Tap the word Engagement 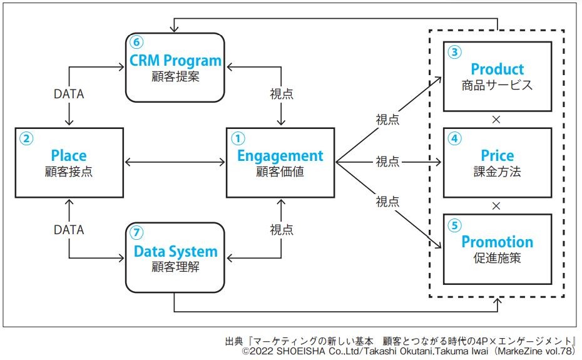tap(280, 155)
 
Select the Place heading tap(69, 155)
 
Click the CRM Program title tap(175, 61)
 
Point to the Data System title tap(176, 252)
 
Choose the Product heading tap(497, 69)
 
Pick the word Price tap(497, 155)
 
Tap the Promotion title tap(497, 242)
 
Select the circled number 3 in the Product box tap(455, 52)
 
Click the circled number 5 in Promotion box tap(455, 224)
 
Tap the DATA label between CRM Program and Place tap(69, 95)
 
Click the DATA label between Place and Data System tap(69, 230)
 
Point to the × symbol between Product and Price tap(496, 119)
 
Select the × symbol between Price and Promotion tap(496, 205)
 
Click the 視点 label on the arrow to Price tap(388, 162)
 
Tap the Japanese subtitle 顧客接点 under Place tap(69, 172)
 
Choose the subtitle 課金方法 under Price tap(497, 172)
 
